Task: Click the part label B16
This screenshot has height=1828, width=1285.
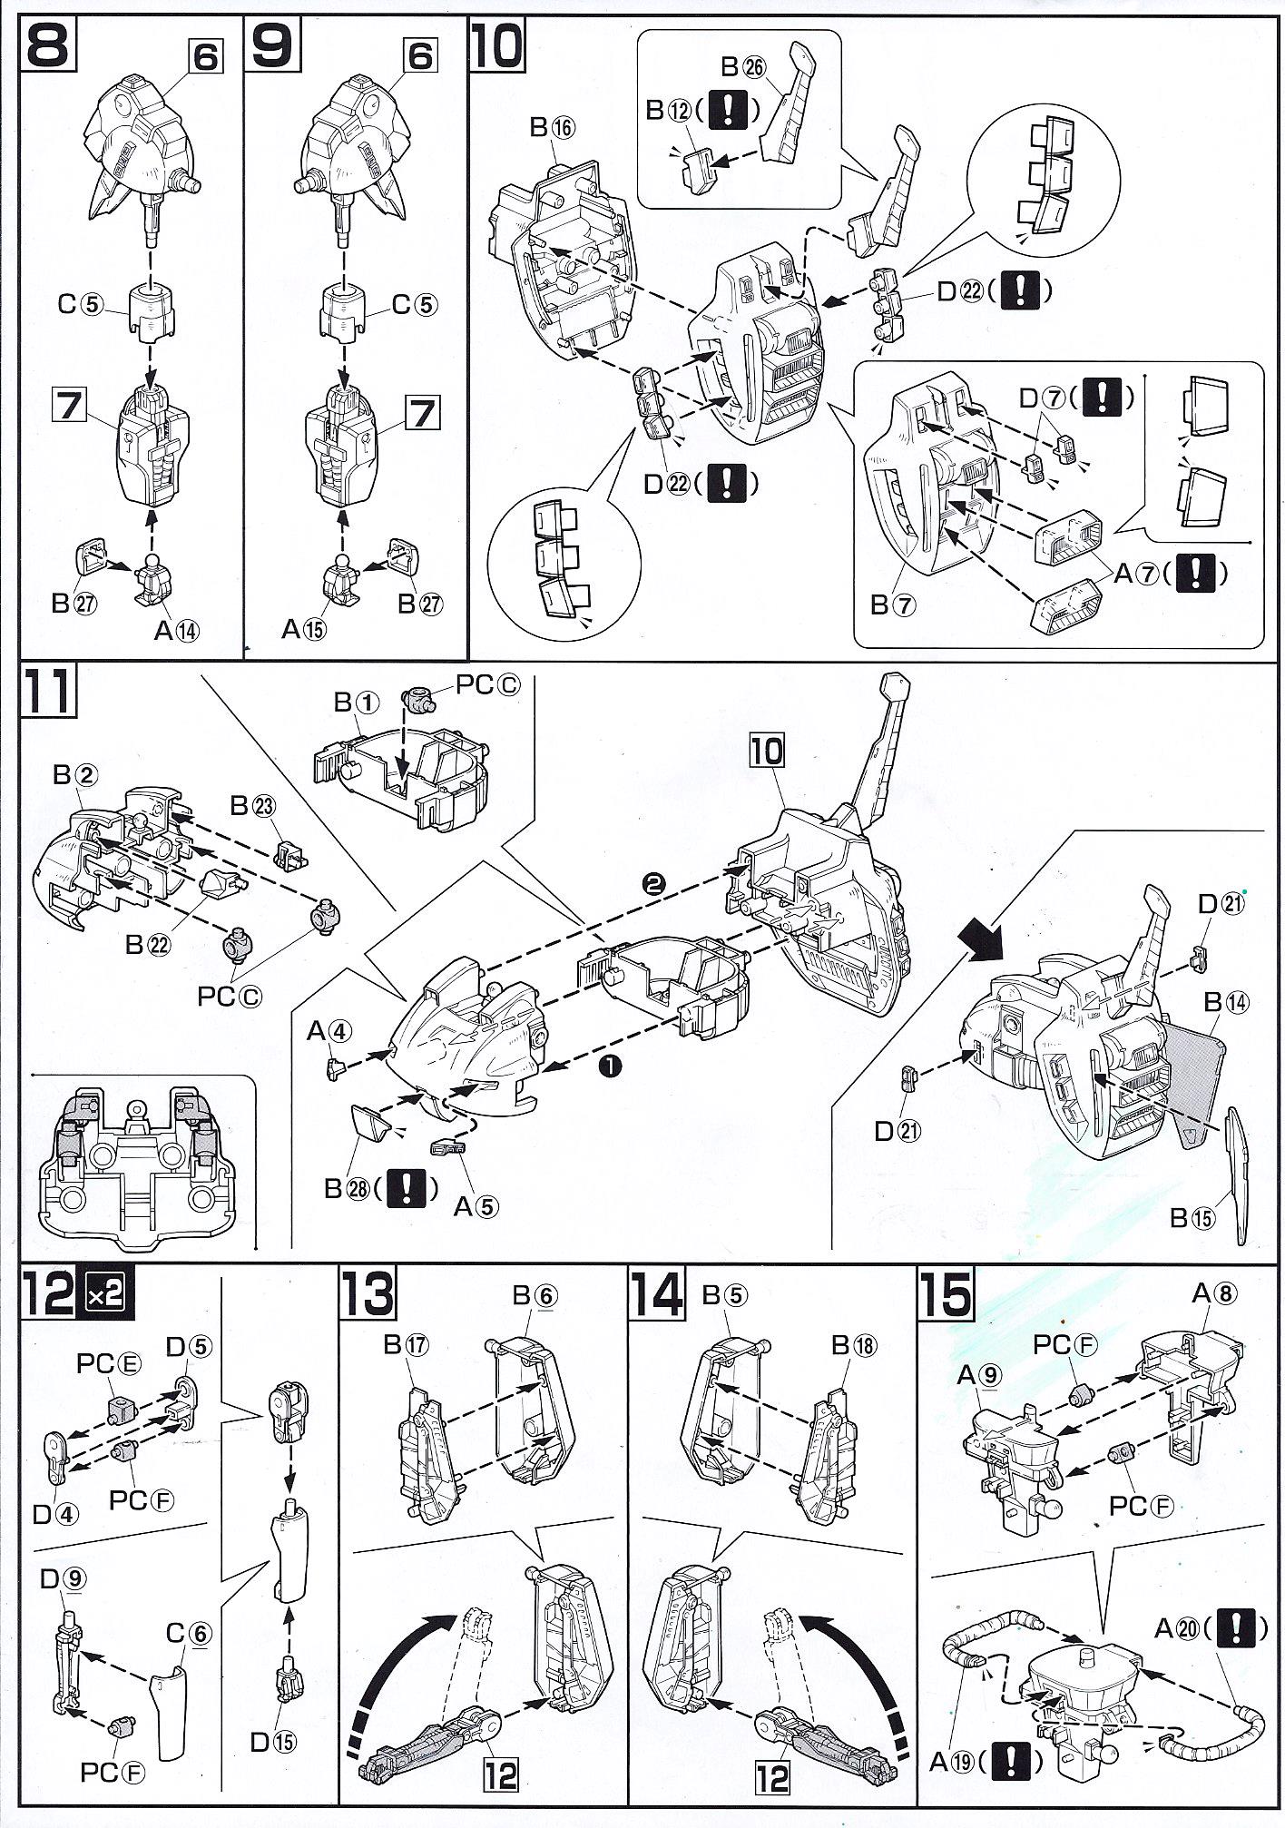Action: (552, 128)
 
